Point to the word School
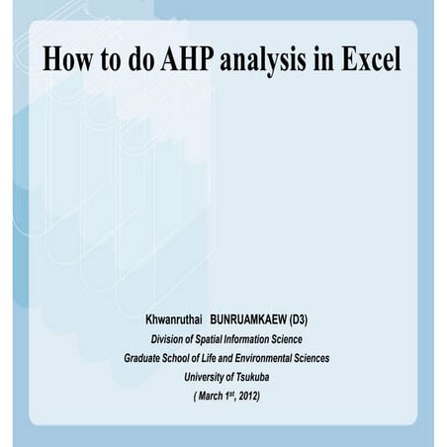(x=192, y=358)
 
